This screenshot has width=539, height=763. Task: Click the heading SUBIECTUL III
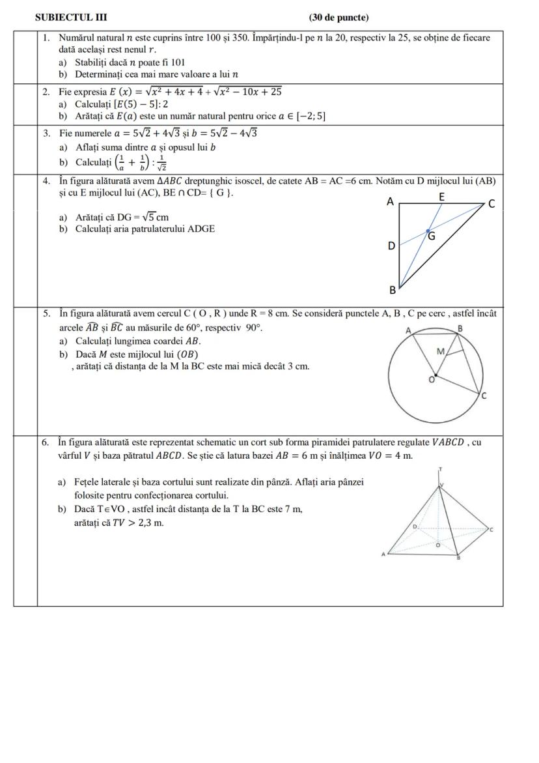(71, 18)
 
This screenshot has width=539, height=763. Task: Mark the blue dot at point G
(427, 231)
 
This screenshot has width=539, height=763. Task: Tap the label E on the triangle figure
(442, 195)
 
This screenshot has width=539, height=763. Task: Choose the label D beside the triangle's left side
(391, 246)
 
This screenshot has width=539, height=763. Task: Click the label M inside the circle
(441, 351)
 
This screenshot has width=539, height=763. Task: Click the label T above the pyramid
(441, 469)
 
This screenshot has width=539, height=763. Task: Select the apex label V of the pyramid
(442, 485)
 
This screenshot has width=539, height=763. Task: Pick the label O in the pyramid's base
(437, 544)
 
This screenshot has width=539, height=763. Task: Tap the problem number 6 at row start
(46, 442)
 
